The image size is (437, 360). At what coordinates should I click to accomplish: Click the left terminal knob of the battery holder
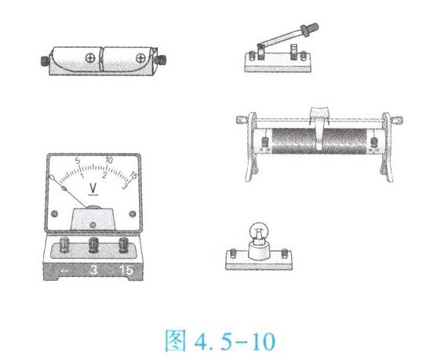pyautogui.click(x=45, y=60)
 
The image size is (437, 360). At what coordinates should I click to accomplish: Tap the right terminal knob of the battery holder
pyautogui.click(x=161, y=60)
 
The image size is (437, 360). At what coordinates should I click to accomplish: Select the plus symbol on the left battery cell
pyautogui.click(x=90, y=58)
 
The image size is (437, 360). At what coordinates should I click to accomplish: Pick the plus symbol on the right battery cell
pyautogui.click(x=140, y=58)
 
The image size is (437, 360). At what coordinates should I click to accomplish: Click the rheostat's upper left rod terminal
pyautogui.click(x=241, y=120)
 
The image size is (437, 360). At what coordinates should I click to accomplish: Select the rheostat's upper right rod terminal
pyautogui.click(x=397, y=121)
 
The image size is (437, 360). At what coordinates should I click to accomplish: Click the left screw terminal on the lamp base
pyautogui.click(x=233, y=253)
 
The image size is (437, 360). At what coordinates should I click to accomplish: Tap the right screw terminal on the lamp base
pyautogui.click(x=284, y=253)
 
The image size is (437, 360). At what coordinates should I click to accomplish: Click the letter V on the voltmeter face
pyautogui.click(x=93, y=188)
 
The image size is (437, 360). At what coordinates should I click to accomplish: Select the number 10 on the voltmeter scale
pyautogui.click(x=109, y=160)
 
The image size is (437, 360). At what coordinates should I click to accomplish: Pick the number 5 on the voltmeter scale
pyautogui.click(x=78, y=161)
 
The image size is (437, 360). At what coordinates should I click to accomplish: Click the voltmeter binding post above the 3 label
pyautogui.click(x=93, y=245)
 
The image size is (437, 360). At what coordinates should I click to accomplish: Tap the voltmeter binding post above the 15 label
pyautogui.click(x=123, y=245)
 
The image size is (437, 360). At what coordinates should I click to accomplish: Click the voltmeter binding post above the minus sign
pyautogui.click(x=64, y=245)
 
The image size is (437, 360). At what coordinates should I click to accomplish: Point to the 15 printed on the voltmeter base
pyautogui.click(x=126, y=270)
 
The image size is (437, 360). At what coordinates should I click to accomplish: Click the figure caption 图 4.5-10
pyautogui.click(x=220, y=340)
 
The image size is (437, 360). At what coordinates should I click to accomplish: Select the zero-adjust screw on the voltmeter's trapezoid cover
pyautogui.click(x=93, y=224)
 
